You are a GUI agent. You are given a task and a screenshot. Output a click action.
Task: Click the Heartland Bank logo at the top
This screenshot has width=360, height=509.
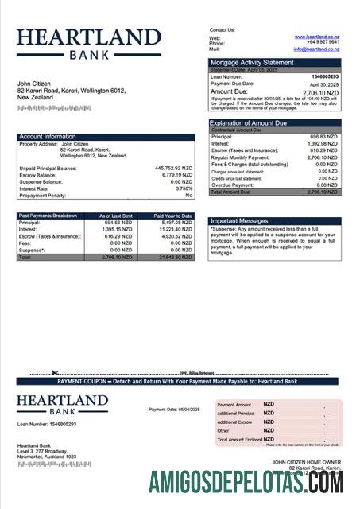coord(88,44)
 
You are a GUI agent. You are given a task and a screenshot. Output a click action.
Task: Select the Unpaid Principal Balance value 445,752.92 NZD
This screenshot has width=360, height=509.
coord(173,169)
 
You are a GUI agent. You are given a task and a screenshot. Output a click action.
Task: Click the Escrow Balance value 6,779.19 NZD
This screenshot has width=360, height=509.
coord(176,175)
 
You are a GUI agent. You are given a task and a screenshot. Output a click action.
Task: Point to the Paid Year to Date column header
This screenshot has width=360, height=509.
coord(173,216)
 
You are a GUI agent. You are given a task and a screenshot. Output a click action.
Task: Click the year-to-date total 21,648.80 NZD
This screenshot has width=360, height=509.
coord(176,258)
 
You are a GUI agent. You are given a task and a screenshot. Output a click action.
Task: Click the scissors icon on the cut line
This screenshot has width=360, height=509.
coord(55,372)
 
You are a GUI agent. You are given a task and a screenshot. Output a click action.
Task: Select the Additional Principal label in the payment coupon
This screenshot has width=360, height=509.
coord(236,414)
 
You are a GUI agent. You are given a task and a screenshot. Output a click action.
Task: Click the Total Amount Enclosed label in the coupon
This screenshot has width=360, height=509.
coord(239,439)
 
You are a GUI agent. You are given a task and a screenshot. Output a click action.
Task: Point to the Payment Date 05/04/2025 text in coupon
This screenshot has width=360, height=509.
coord(174,410)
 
